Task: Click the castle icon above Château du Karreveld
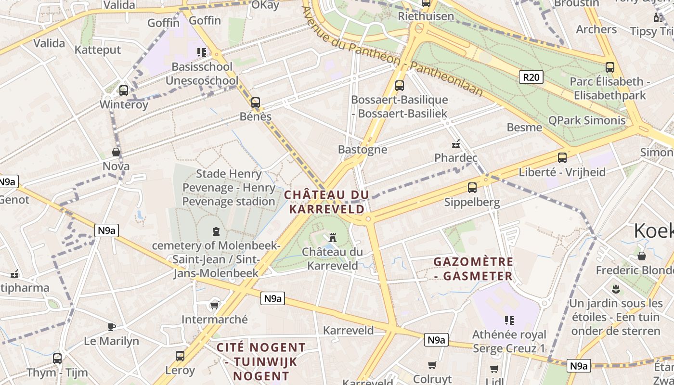click(x=332, y=237)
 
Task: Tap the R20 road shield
click(x=531, y=77)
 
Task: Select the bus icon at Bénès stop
click(x=256, y=103)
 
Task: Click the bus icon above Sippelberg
click(x=472, y=188)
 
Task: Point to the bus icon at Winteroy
click(x=124, y=90)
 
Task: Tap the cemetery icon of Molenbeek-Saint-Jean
click(x=216, y=231)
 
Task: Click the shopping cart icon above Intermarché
click(x=215, y=305)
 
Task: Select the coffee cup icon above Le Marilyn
click(x=112, y=327)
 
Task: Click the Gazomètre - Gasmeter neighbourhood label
click(x=473, y=269)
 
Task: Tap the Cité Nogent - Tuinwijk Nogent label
click(x=260, y=361)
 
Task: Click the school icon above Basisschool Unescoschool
click(x=202, y=52)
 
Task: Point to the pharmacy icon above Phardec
click(x=455, y=143)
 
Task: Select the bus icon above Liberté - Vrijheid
click(x=562, y=157)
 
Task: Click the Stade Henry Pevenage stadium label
click(x=229, y=188)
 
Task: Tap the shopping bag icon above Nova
click(x=116, y=152)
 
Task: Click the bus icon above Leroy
click(x=180, y=356)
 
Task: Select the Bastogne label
click(x=363, y=149)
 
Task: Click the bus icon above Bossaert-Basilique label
click(x=400, y=86)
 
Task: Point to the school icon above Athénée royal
click(x=509, y=320)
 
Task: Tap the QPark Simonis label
click(x=587, y=120)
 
